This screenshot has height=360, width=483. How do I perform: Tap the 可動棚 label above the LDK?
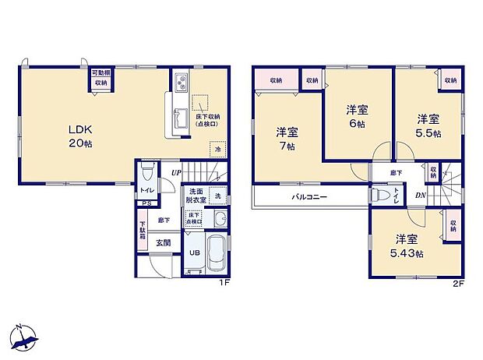[x=101, y=72]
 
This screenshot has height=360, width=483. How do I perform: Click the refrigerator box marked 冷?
[x=219, y=150]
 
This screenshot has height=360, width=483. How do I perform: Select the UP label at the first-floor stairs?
[x=176, y=172]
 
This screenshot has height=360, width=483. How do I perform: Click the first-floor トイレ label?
[x=146, y=190]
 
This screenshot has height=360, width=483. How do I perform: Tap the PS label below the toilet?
[x=146, y=205]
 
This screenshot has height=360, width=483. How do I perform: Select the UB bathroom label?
[x=192, y=252]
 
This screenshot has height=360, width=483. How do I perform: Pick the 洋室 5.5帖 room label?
[x=428, y=125]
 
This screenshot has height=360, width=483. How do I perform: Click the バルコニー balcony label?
[x=310, y=197]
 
